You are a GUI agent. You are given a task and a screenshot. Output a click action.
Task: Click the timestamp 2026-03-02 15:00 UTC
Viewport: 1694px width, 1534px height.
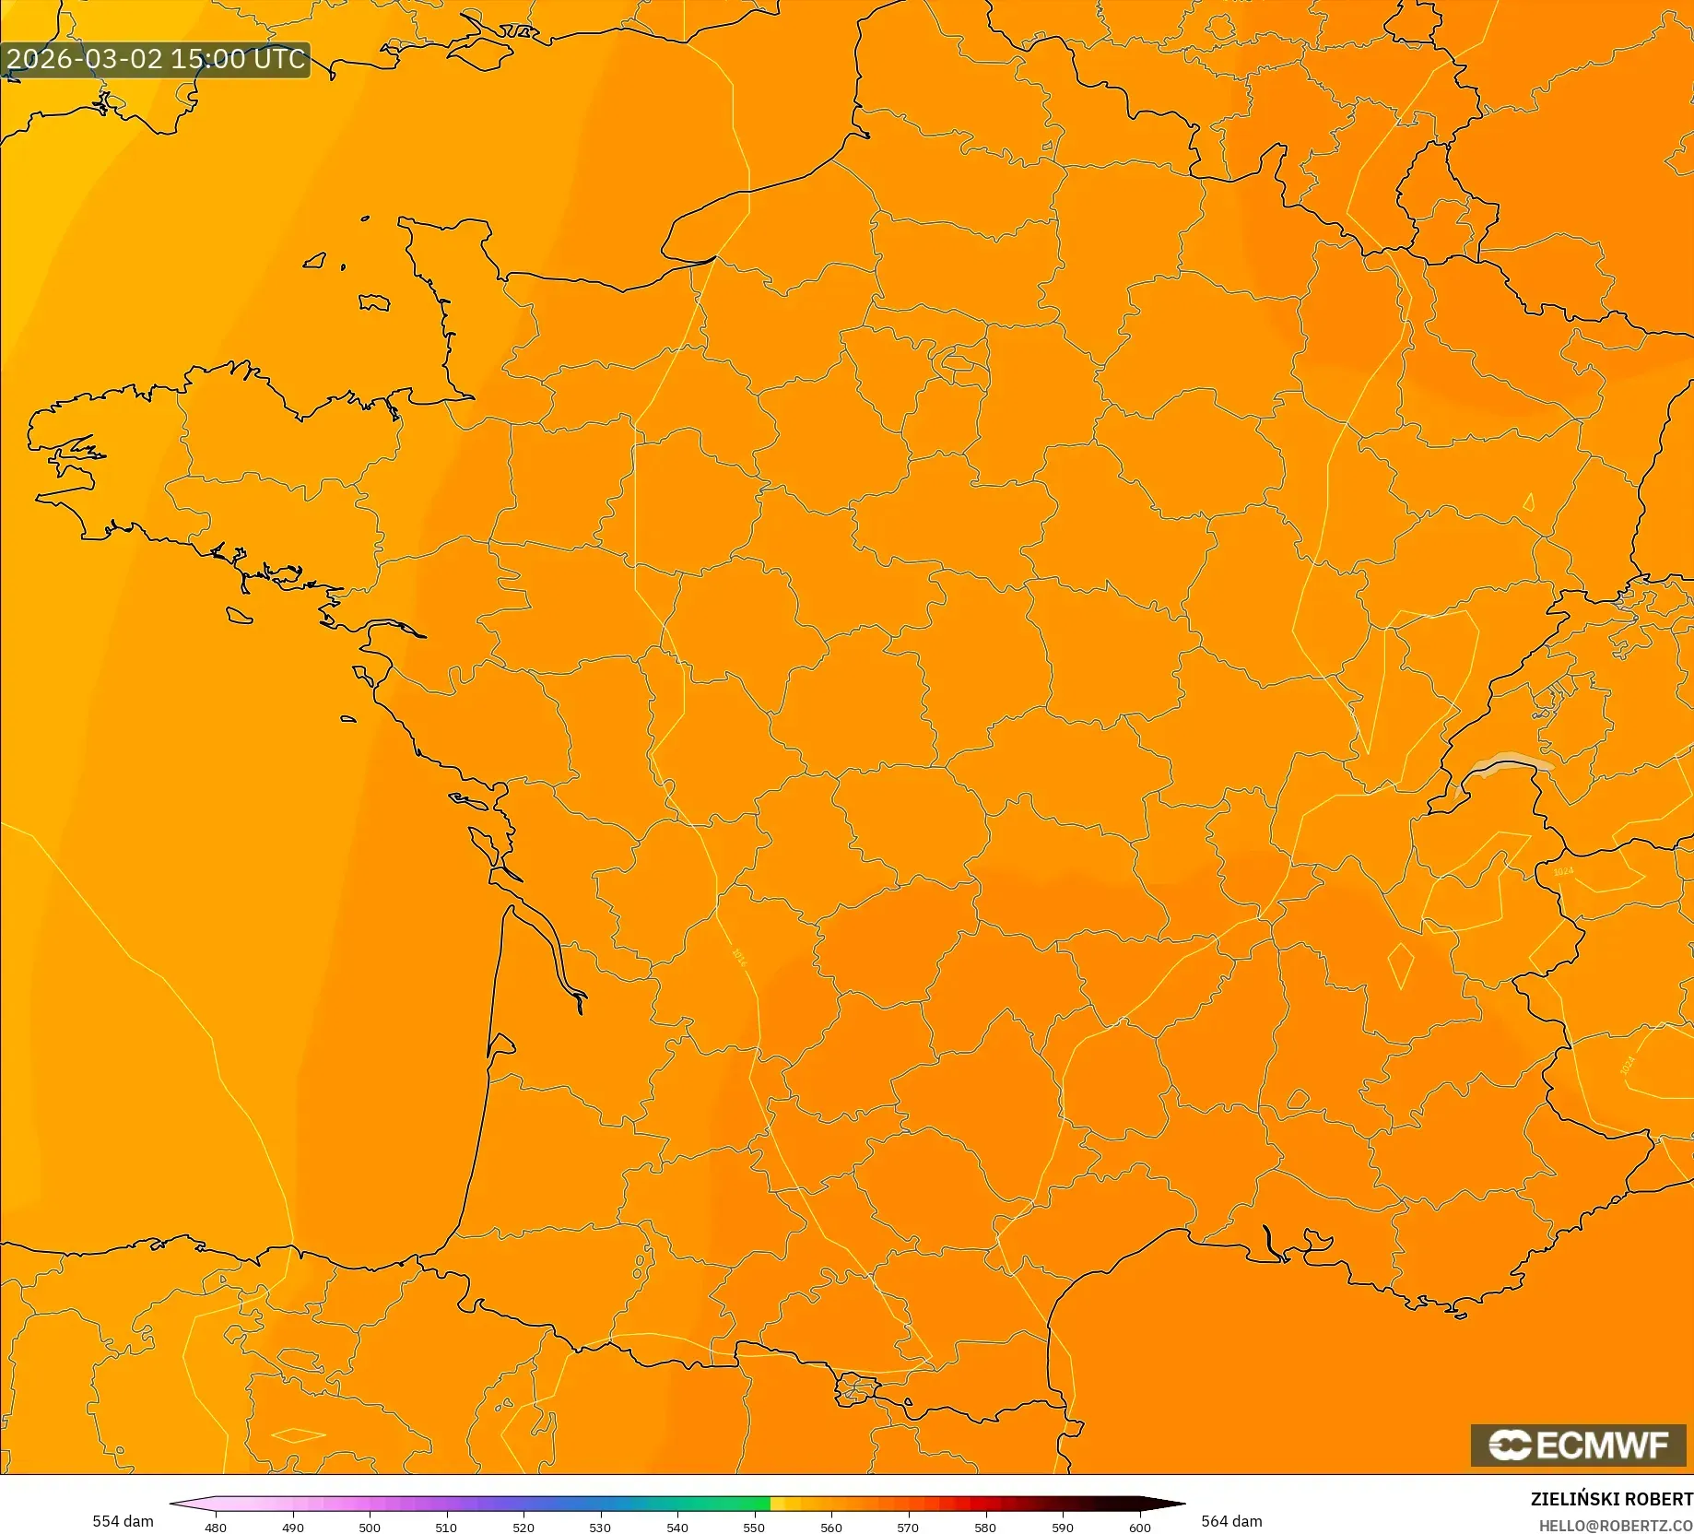pos(155,59)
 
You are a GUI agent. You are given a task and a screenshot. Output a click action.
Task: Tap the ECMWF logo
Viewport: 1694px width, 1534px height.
pos(1578,1445)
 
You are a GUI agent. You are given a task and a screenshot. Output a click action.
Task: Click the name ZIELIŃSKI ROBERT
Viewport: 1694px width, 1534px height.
pos(1611,1499)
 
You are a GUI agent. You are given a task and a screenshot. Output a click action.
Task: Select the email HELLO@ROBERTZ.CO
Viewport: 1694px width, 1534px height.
pos(1615,1526)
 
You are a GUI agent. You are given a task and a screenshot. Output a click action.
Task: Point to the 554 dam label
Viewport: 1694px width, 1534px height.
pos(123,1521)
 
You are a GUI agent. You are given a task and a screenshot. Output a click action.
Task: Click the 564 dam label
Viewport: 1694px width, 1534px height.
pos(1231,1521)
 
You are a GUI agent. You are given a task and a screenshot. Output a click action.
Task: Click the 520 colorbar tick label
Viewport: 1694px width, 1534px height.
pos(523,1528)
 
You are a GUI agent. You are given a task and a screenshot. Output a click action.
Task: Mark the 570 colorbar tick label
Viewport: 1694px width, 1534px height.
pos(908,1528)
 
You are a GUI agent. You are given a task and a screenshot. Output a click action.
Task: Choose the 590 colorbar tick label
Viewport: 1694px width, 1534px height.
pos(1062,1528)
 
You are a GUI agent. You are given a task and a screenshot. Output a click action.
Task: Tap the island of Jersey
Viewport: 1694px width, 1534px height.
pos(373,302)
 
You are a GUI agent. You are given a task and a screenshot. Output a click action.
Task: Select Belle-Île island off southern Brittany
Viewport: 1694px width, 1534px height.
pos(240,615)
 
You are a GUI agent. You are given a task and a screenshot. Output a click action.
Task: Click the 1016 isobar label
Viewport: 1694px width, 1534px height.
pos(738,956)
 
